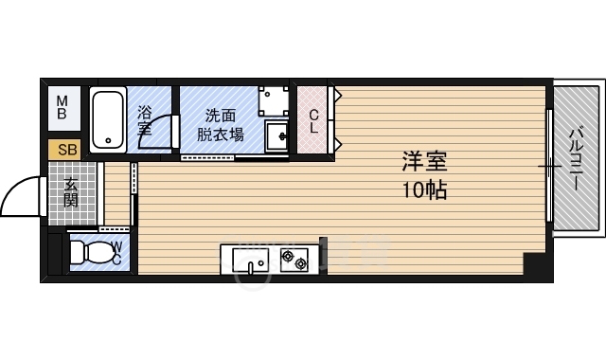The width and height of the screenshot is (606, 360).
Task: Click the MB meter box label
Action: pos(62,106)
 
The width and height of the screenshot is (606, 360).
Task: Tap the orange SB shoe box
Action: pos(66,149)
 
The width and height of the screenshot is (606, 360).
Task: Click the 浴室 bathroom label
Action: pos(145,119)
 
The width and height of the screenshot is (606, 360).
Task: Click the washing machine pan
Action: pos(275,99)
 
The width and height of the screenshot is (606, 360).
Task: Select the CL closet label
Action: pos(313,119)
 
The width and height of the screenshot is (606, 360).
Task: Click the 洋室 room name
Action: pos(422,162)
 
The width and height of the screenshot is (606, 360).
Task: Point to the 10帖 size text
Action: pos(422,189)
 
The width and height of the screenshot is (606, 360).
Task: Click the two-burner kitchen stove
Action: pos(293,258)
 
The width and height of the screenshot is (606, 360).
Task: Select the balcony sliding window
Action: pos(549,166)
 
